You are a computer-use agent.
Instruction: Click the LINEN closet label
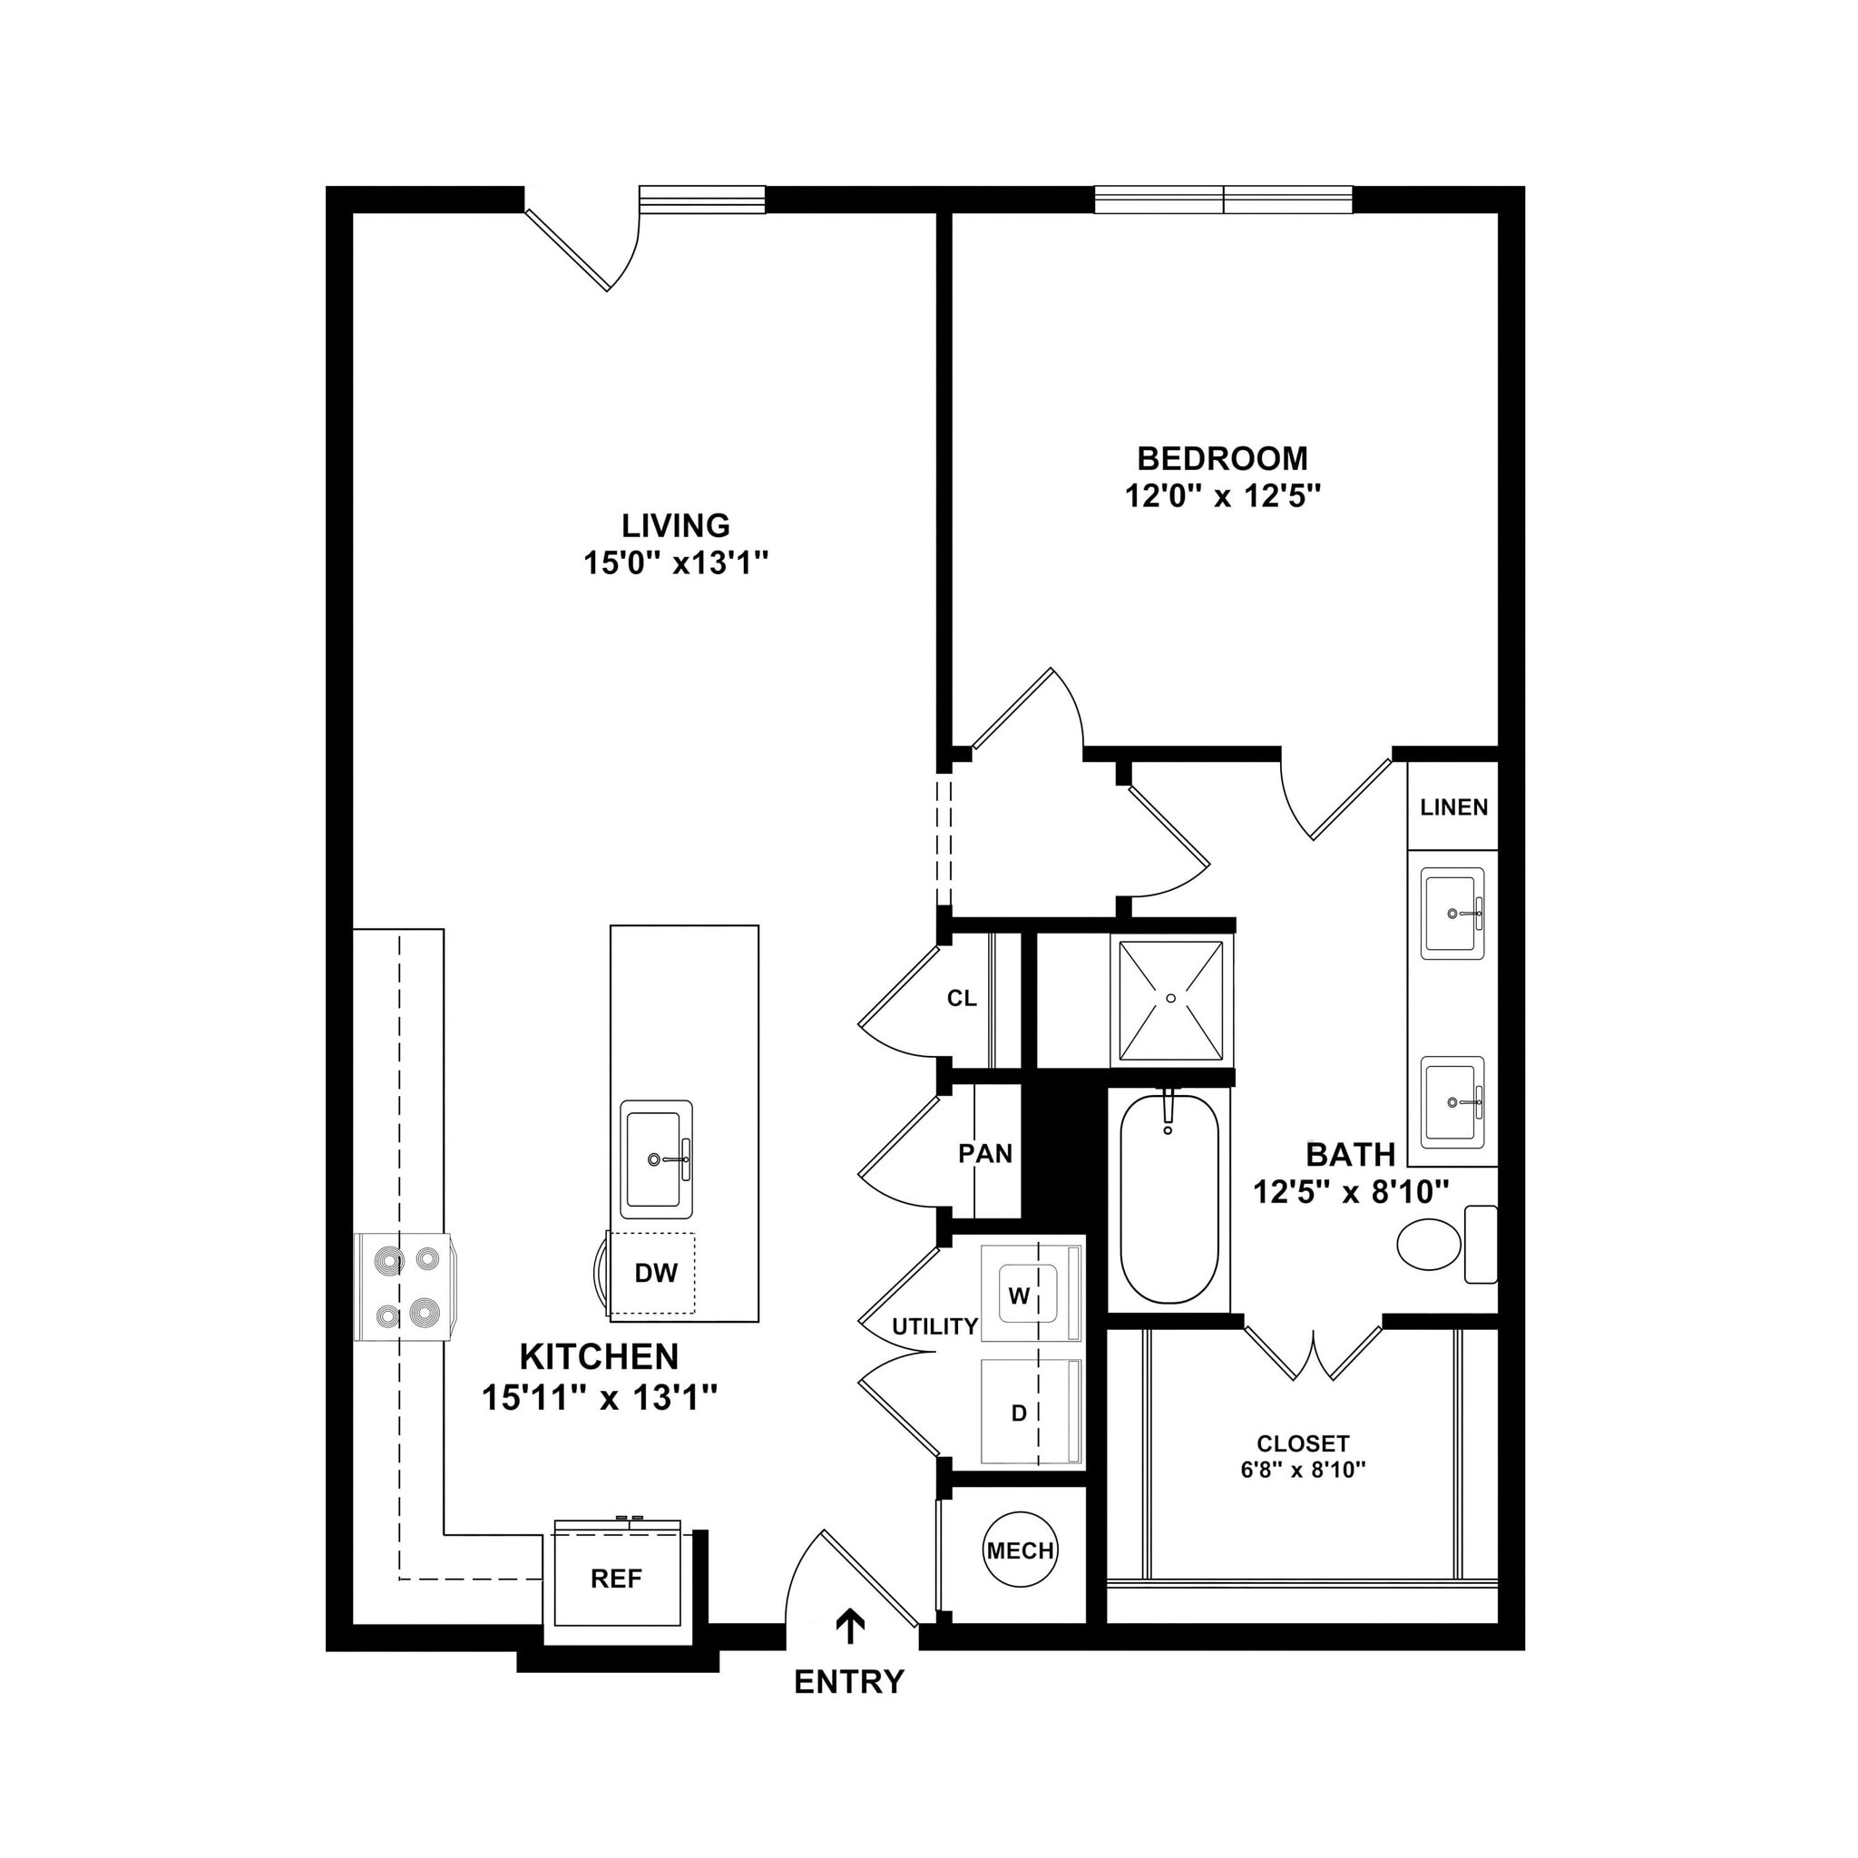[1453, 807]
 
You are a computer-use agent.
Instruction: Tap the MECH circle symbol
[1021, 1550]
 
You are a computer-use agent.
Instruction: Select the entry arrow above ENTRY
[849, 1625]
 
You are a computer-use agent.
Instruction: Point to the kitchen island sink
[656, 1159]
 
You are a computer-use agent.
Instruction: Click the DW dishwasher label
[656, 1273]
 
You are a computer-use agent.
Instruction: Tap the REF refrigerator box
[616, 1579]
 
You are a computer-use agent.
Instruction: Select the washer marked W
[1030, 1295]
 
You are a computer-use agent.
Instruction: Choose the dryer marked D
[1030, 1412]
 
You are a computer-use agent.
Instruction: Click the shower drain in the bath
[1170, 998]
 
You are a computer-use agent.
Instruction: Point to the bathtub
[1169, 1199]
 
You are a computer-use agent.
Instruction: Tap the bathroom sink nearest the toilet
[1452, 1101]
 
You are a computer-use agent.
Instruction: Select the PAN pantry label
[984, 1153]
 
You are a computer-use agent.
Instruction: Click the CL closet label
[961, 998]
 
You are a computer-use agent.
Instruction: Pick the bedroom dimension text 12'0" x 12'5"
[1222, 496]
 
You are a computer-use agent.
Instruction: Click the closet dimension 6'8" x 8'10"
[1302, 1470]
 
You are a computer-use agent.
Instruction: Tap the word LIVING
[675, 525]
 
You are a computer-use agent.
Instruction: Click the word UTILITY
[934, 1327]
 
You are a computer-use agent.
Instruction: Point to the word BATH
[1349, 1154]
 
